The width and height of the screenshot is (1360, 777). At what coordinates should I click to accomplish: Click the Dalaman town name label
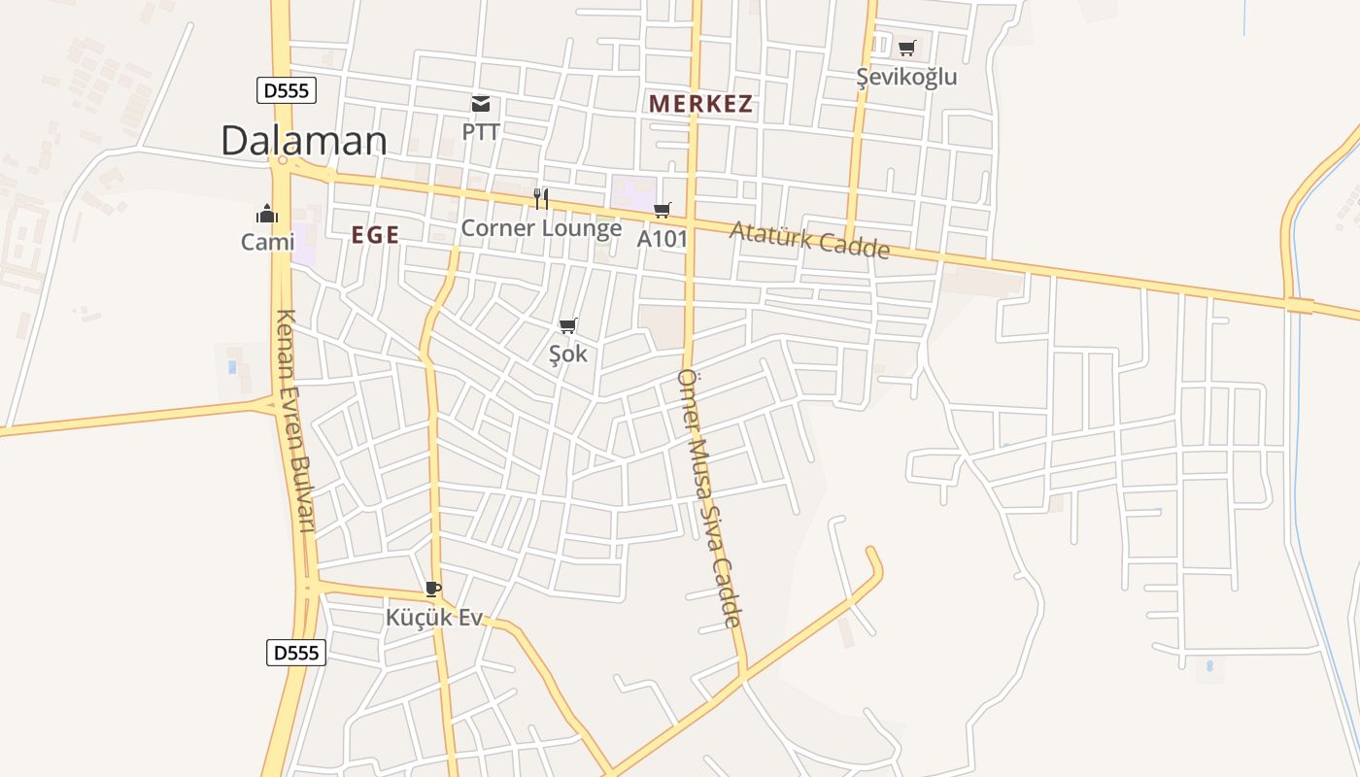click(303, 141)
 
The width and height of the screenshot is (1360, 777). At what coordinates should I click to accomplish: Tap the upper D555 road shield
click(287, 90)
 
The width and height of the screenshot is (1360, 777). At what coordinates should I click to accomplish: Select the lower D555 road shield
click(295, 653)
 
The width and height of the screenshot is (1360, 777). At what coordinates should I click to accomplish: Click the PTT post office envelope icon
click(481, 104)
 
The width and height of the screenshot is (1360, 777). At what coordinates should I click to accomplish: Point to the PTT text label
click(481, 130)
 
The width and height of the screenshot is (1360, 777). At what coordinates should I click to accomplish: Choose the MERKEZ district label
click(701, 104)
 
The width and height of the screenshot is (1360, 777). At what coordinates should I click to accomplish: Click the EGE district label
click(375, 235)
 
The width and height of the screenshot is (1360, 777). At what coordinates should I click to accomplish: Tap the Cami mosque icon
click(267, 214)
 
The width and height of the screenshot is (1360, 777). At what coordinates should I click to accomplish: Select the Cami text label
click(267, 242)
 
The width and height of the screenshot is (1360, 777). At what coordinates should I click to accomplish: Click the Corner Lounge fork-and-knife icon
click(541, 199)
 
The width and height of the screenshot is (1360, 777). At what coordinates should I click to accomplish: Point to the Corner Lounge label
click(541, 228)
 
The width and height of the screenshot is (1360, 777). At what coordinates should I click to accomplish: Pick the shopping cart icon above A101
click(663, 210)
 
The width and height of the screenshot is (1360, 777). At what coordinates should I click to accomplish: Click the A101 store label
click(663, 238)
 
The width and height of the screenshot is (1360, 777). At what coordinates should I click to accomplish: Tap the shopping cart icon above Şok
click(568, 325)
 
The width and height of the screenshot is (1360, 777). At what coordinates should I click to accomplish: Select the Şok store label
click(568, 354)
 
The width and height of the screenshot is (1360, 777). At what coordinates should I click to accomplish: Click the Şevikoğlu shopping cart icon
click(906, 48)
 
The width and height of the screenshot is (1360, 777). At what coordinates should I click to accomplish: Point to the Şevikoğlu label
click(906, 77)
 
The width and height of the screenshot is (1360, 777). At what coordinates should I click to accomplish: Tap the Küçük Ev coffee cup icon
click(433, 589)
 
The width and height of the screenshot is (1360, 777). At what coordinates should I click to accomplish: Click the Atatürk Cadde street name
click(809, 239)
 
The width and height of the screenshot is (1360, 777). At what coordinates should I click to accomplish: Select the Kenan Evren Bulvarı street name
click(297, 421)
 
